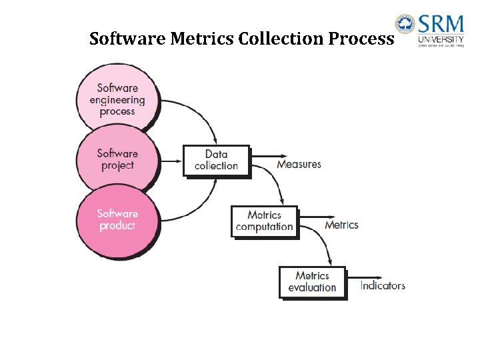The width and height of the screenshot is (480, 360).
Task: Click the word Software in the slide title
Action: (127, 39)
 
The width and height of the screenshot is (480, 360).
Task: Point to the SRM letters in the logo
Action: (441, 25)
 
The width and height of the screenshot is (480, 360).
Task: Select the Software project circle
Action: (117, 159)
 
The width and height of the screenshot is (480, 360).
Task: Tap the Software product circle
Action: (117, 219)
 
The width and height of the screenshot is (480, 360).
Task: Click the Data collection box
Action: (216, 160)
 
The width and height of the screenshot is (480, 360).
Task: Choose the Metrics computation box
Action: (264, 221)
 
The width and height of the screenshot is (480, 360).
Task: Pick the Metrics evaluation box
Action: (312, 281)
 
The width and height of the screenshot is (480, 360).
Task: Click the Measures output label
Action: (299, 164)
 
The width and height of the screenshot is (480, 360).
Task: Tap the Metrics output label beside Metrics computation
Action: (341, 225)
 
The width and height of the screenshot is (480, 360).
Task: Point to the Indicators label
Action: (383, 285)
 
